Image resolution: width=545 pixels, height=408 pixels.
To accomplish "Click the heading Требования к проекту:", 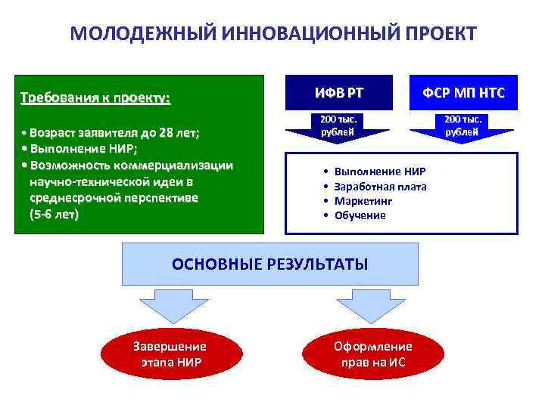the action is (95, 98).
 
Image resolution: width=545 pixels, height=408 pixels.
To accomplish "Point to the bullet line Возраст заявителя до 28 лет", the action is (114, 134).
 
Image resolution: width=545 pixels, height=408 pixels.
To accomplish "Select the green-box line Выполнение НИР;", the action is (83, 150).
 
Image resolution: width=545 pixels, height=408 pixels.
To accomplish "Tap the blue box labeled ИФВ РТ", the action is (338, 93).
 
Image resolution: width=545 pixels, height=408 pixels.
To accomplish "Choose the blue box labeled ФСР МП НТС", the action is (462, 93).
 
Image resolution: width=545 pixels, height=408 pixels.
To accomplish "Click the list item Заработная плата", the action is (380, 187).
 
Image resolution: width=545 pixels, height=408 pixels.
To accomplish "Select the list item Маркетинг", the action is (363, 201).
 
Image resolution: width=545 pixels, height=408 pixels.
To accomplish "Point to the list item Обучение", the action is (360, 215).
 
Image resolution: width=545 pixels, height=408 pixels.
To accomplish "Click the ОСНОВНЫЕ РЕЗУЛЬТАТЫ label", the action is (270, 264).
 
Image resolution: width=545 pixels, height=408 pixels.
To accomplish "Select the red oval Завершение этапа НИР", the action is (170, 354).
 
